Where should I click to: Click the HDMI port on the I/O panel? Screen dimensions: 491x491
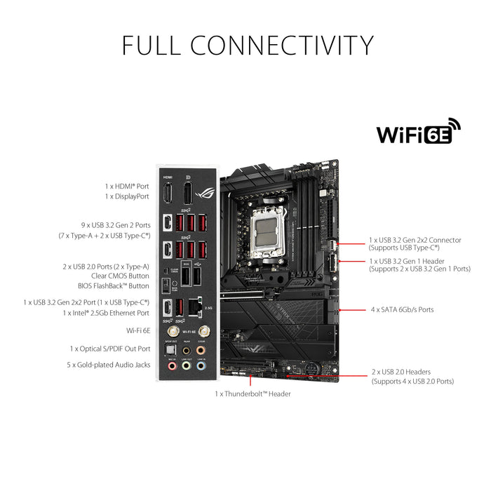tap(168, 194)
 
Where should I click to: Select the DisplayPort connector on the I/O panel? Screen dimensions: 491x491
tap(187, 194)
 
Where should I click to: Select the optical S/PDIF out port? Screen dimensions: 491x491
tap(168, 349)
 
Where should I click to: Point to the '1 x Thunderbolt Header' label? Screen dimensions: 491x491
tap(253, 394)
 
